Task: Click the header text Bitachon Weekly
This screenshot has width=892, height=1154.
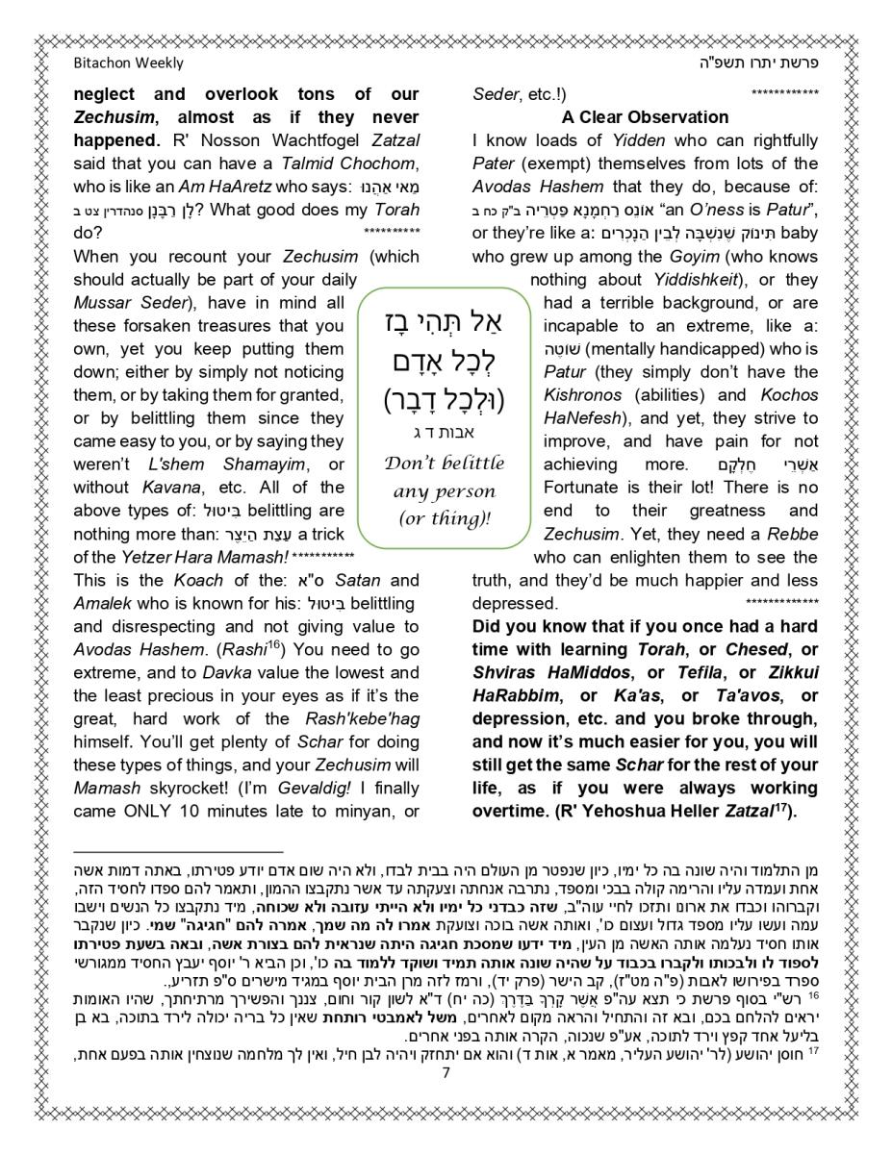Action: tap(128, 63)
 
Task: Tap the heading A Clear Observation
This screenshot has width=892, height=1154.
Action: tap(645, 117)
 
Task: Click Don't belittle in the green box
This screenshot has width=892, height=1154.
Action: tap(444, 463)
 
